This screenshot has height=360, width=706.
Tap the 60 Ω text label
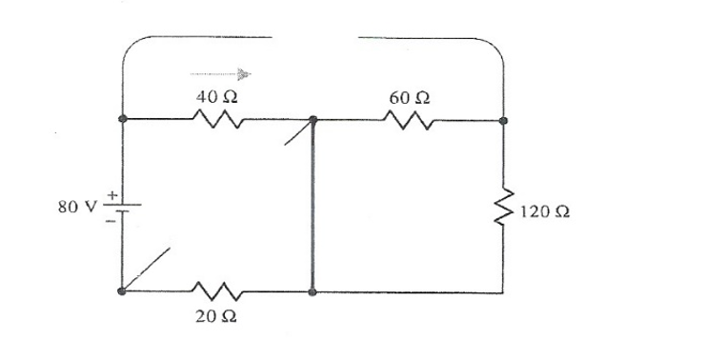coord(409,96)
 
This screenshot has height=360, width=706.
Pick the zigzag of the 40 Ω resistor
coord(218,119)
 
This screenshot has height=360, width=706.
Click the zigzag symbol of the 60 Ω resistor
coord(409,119)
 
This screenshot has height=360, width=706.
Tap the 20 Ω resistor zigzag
coord(218,289)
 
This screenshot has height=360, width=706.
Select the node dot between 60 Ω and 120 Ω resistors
coord(503,121)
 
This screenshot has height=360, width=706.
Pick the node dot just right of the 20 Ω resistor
coord(313,290)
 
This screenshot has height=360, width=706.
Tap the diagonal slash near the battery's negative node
coord(148,269)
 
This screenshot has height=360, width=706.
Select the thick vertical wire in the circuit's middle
coord(313,205)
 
